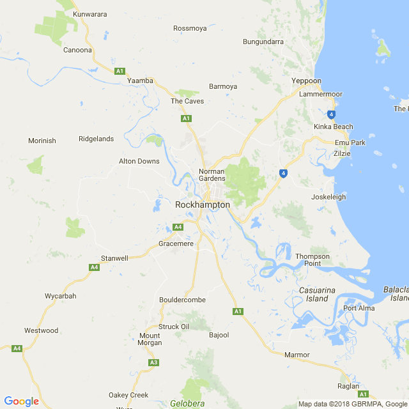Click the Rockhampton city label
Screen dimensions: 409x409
203,204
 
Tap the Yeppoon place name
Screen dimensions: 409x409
306,81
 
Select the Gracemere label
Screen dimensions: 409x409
176,244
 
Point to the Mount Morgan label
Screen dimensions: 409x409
150,339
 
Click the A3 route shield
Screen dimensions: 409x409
153,363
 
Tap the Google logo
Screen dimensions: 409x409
21,401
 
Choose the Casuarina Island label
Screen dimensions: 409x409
317,295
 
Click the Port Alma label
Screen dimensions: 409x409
359,309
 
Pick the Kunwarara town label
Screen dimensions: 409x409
90,14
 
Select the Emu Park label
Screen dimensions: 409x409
350,143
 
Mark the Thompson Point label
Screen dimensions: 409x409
313,260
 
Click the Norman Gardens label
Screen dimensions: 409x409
212,175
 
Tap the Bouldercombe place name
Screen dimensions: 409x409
182,300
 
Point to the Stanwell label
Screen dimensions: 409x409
114,259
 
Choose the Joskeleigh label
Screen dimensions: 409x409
328,197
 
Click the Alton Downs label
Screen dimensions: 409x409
139,161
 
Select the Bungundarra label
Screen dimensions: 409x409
263,42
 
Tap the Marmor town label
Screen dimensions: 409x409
297,355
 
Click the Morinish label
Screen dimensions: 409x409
42,141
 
